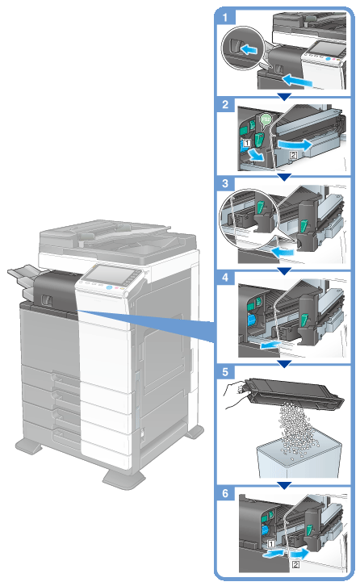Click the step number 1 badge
[225, 17]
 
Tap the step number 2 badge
[225, 104]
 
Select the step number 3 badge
[225, 183]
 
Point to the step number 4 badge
[225, 278]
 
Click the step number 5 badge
[225, 372]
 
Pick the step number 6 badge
[225, 493]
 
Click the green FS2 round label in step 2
[265, 119]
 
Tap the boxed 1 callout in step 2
[246, 142]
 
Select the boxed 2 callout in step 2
[294, 154]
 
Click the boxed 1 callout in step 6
[271, 544]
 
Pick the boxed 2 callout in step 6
[295, 564]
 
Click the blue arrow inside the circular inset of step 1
[249, 49]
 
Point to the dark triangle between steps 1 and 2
[284, 97]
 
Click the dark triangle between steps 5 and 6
[284, 485]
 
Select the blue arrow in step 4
[270, 345]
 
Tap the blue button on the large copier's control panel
[110, 287]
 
